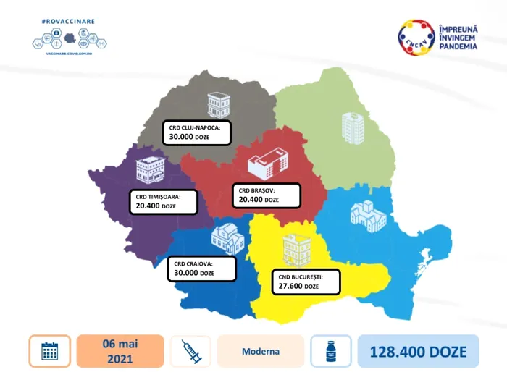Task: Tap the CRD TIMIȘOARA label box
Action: click(165, 200)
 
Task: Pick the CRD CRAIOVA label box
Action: click(202, 268)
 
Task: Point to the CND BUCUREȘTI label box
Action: click(306, 281)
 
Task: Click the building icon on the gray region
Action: click(217, 105)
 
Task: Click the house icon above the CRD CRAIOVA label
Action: click(227, 239)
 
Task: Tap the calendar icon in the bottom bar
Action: click(50, 352)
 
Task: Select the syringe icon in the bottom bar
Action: click(190, 352)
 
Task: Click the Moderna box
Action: click(260, 352)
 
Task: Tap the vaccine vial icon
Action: click(330, 352)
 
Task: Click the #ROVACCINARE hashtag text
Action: click(69, 22)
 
